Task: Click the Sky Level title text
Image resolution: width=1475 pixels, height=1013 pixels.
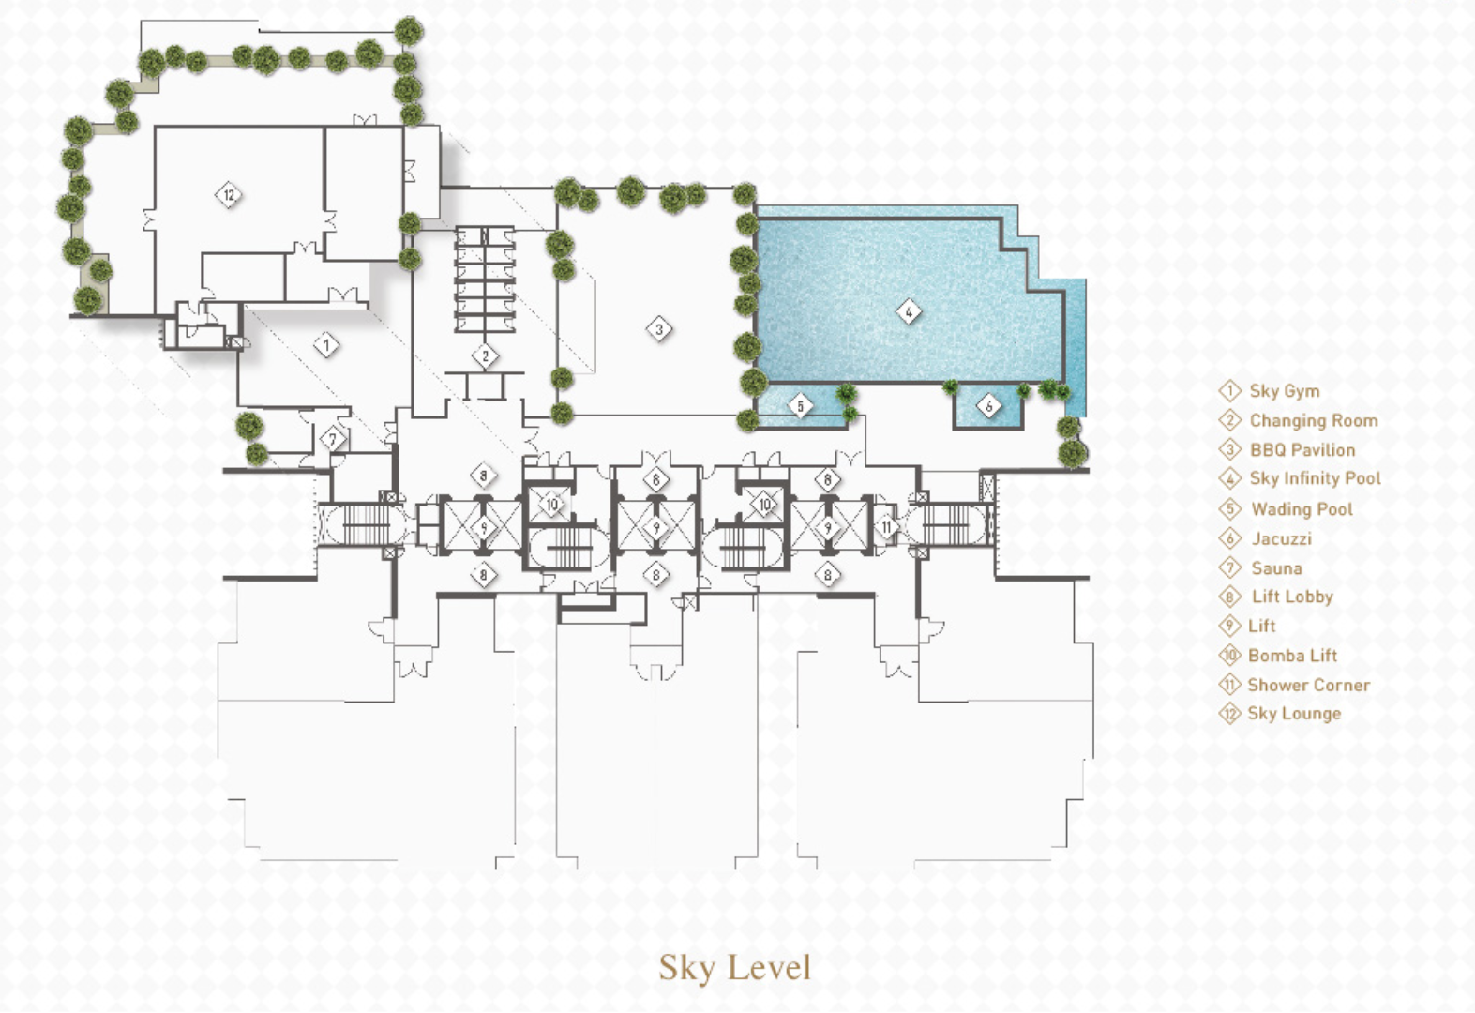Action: (734, 968)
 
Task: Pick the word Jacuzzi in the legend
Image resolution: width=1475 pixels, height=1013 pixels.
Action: (1282, 538)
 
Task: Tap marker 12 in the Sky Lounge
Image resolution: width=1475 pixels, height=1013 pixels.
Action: (229, 195)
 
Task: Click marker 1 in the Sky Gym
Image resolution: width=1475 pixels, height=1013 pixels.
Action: (326, 345)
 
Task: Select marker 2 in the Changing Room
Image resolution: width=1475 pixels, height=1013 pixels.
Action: (486, 356)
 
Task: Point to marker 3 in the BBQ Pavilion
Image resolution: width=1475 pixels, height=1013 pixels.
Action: (659, 329)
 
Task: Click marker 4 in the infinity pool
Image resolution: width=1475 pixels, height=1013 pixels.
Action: (909, 311)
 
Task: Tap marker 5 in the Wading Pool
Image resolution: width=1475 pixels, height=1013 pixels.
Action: (801, 406)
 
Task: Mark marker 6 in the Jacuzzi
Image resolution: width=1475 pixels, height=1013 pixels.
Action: (988, 406)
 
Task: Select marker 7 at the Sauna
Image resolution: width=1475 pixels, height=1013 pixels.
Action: (333, 439)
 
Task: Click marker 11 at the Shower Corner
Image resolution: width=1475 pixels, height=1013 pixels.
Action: (887, 526)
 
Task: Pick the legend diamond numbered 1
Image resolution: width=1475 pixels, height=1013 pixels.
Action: (1229, 390)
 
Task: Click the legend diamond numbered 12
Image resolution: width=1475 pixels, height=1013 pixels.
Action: (1229, 713)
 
